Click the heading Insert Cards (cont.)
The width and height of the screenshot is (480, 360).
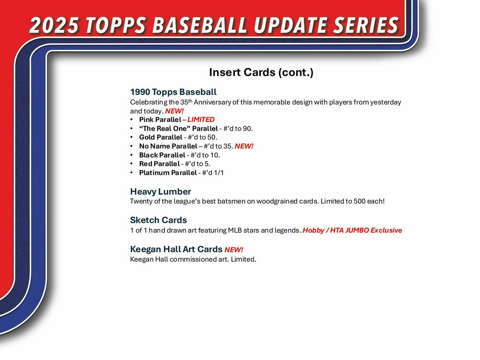(261, 73)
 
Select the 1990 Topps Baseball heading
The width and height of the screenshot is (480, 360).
(173, 92)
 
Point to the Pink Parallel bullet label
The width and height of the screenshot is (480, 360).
(160, 120)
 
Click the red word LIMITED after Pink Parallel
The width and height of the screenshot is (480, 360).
(201, 120)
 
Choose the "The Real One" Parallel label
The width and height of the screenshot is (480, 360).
(178, 128)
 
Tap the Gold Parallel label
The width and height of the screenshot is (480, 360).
(160, 137)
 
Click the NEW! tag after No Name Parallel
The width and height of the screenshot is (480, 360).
(244, 146)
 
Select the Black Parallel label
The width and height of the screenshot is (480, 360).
(162, 155)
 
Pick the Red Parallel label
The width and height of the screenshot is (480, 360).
(159, 164)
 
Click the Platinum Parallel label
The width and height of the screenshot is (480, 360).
(168, 173)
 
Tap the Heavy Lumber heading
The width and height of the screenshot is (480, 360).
(160, 192)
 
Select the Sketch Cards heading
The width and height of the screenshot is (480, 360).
(158, 220)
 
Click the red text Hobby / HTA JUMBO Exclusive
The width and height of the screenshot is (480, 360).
(352, 230)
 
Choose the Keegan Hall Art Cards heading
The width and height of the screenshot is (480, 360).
(176, 249)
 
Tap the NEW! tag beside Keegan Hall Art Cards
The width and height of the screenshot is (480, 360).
(233, 249)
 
